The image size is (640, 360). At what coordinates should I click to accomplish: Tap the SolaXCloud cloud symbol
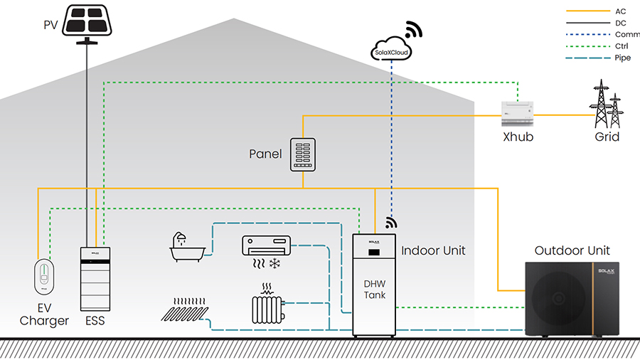393,51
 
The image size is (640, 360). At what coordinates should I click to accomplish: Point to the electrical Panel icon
302,154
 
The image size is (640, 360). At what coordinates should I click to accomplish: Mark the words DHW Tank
375,288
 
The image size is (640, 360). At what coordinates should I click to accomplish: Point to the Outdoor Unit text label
572,250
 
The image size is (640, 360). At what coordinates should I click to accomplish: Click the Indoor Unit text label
433,250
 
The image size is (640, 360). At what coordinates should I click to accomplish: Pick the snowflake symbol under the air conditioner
274,264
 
